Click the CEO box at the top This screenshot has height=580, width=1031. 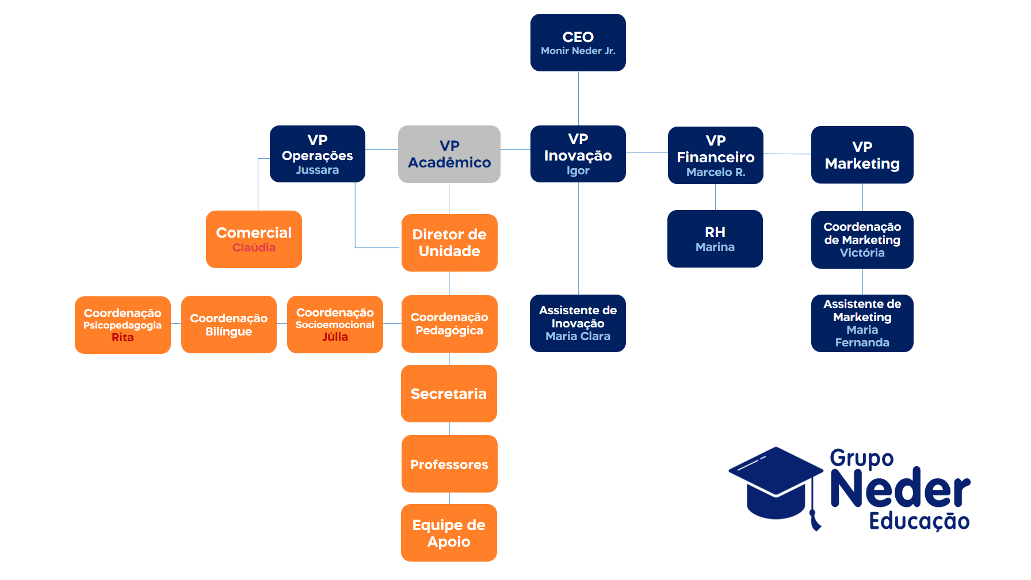[x=578, y=43]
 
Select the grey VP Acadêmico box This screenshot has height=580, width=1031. [x=449, y=154]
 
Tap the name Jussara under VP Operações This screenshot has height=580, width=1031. [x=317, y=170]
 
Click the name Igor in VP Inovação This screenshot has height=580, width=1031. [x=578, y=171]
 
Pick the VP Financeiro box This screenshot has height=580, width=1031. [x=715, y=155]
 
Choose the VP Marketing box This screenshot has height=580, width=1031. [x=862, y=155]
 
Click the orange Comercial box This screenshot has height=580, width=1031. [x=254, y=239]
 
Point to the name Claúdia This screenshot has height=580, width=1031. [x=254, y=248]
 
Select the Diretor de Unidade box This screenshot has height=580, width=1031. [x=449, y=242]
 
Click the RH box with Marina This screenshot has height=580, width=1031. [x=715, y=239]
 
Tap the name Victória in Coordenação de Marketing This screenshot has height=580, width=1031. [x=862, y=253]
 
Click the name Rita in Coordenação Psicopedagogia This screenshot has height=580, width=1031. [x=123, y=338]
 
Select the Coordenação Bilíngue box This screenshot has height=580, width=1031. [x=228, y=325]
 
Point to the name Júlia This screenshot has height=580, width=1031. [x=335, y=337]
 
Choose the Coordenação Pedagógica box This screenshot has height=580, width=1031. [x=449, y=323]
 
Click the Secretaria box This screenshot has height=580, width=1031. [x=449, y=394]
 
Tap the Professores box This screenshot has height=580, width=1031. [x=449, y=464]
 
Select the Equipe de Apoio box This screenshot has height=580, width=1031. [x=449, y=533]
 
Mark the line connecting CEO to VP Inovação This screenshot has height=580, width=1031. [x=578, y=98]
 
